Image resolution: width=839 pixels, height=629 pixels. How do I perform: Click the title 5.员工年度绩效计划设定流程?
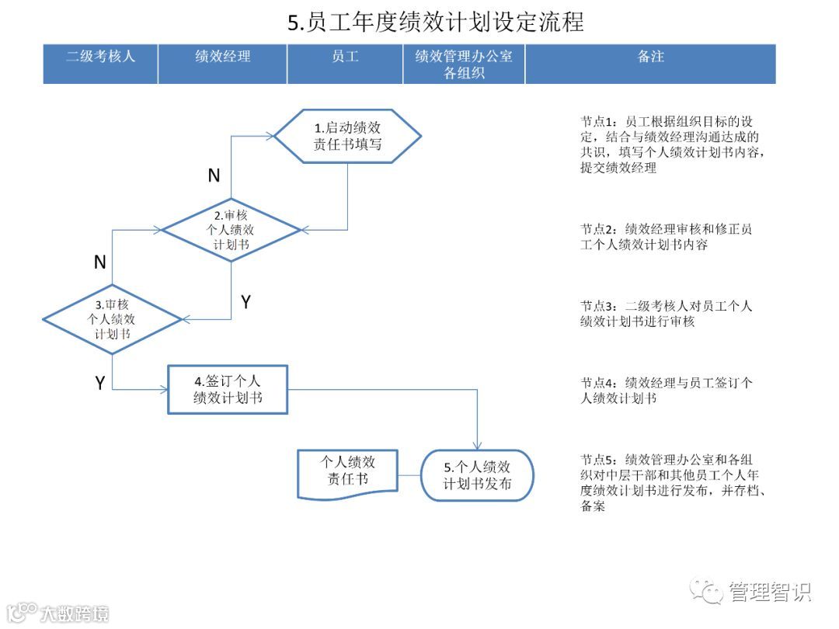(x=436, y=22)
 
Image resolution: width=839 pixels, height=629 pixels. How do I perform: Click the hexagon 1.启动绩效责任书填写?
(x=347, y=136)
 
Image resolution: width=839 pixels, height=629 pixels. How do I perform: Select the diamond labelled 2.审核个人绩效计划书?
(x=231, y=230)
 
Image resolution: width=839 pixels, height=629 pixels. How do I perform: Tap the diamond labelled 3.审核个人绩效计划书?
(x=112, y=319)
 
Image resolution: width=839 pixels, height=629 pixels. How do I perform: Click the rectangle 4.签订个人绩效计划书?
(x=228, y=389)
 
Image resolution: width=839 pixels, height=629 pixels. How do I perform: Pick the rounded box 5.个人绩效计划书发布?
(x=477, y=474)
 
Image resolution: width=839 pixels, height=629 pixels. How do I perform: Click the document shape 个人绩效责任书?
(x=347, y=472)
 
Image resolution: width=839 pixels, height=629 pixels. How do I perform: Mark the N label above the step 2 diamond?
(x=214, y=176)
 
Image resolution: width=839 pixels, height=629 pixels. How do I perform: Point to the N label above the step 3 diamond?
(x=99, y=262)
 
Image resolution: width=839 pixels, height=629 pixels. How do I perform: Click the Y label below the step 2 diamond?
(x=245, y=302)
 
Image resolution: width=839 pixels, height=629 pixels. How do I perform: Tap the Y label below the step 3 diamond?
(x=99, y=383)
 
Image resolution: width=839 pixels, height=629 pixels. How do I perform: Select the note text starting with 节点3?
(x=666, y=313)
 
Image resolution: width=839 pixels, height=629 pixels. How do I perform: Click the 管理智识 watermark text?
(x=769, y=593)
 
